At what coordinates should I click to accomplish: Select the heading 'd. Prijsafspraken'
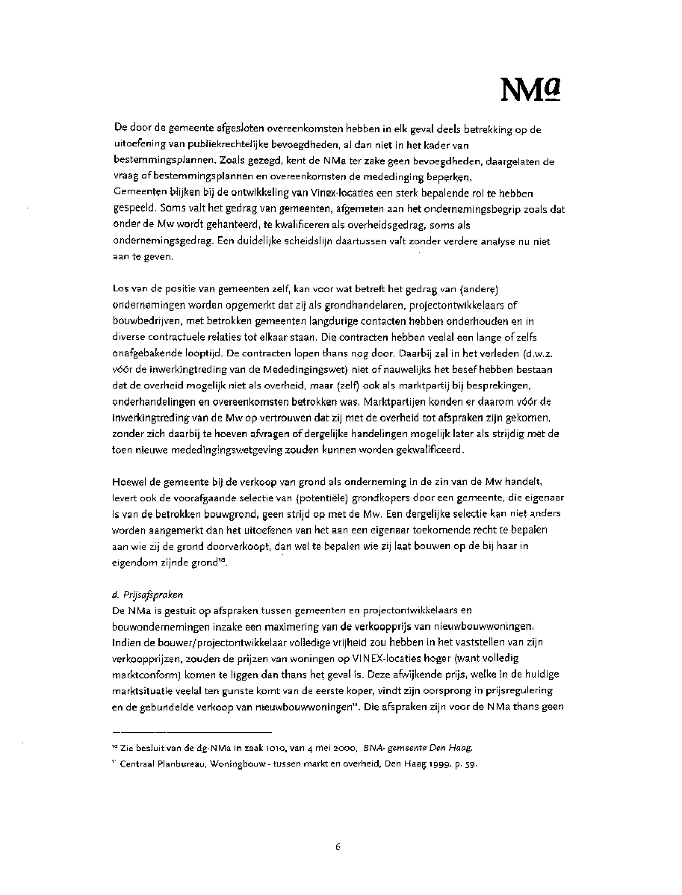pyautogui.click(x=147, y=595)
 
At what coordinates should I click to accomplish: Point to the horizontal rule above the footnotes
pyautogui.click(x=191, y=731)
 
